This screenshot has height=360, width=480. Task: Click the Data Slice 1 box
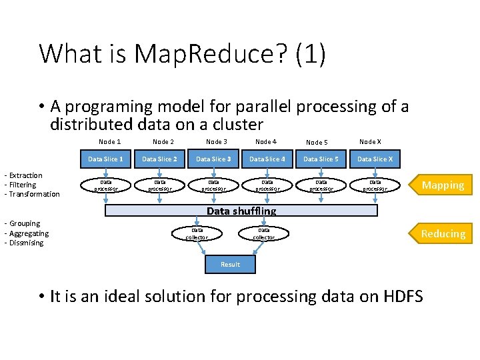click(105, 159)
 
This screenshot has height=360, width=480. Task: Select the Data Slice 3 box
click(213, 159)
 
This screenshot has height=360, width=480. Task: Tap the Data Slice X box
click(375, 159)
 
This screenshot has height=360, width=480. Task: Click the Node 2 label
click(163, 141)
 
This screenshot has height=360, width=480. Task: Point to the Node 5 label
click(316, 142)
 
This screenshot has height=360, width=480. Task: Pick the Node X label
click(370, 141)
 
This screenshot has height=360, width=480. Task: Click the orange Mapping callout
click(441, 185)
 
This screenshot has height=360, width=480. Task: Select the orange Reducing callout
click(441, 233)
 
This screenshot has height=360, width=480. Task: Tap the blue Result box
click(230, 265)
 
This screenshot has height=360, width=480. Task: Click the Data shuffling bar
click(241, 211)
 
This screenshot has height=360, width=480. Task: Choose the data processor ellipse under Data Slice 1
click(105, 185)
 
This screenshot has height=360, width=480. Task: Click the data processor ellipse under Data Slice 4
click(267, 185)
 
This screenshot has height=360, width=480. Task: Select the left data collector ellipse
click(197, 233)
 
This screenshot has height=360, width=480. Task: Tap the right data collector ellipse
click(263, 233)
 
